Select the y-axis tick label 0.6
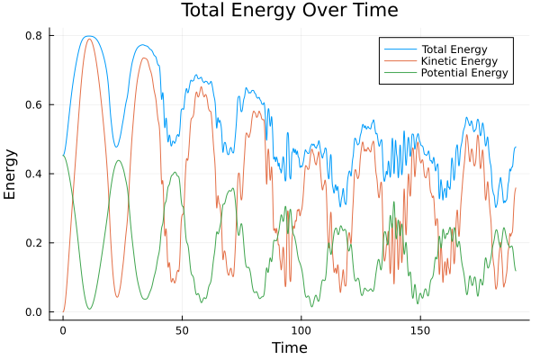[x=34, y=105]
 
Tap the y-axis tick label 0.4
[x=34, y=174]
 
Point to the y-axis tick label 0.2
[x=34, y=243]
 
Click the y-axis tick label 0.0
[x=34, y=312]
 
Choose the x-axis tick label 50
[x=182, y=330]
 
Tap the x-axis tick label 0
[x=63, y=330]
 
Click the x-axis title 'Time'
[x=289, y=347]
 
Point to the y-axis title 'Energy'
[x=12, y=174]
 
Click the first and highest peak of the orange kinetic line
[x=88, y=39]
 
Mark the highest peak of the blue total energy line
[x=88, y=36]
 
